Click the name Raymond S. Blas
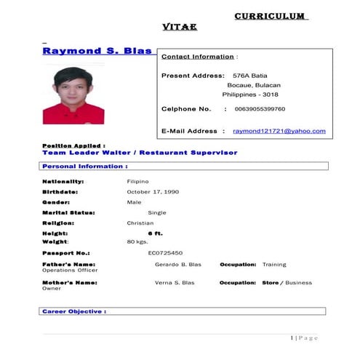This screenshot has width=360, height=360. point(97,51)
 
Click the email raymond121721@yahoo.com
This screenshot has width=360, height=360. point(279,131)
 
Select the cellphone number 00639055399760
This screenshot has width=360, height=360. point(260,109)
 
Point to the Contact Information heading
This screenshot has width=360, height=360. point(198,56)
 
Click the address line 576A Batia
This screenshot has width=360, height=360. point(250,76)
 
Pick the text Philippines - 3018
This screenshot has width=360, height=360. point(251,95)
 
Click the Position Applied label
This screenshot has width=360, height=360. point(73,146)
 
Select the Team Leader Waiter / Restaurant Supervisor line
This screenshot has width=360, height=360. point(140,153)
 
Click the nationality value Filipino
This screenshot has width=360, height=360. point(137,181)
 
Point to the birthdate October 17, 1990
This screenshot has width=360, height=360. point(153,191)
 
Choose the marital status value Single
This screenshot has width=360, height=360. point(157,212)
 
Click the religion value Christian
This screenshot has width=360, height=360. point(140,223)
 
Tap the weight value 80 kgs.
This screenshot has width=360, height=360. point(137,241)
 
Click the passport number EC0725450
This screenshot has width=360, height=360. point(165,252)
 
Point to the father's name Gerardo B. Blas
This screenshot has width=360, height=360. point(178,265)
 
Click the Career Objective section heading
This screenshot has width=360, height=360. point(74,311)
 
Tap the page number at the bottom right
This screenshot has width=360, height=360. point(305,338)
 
